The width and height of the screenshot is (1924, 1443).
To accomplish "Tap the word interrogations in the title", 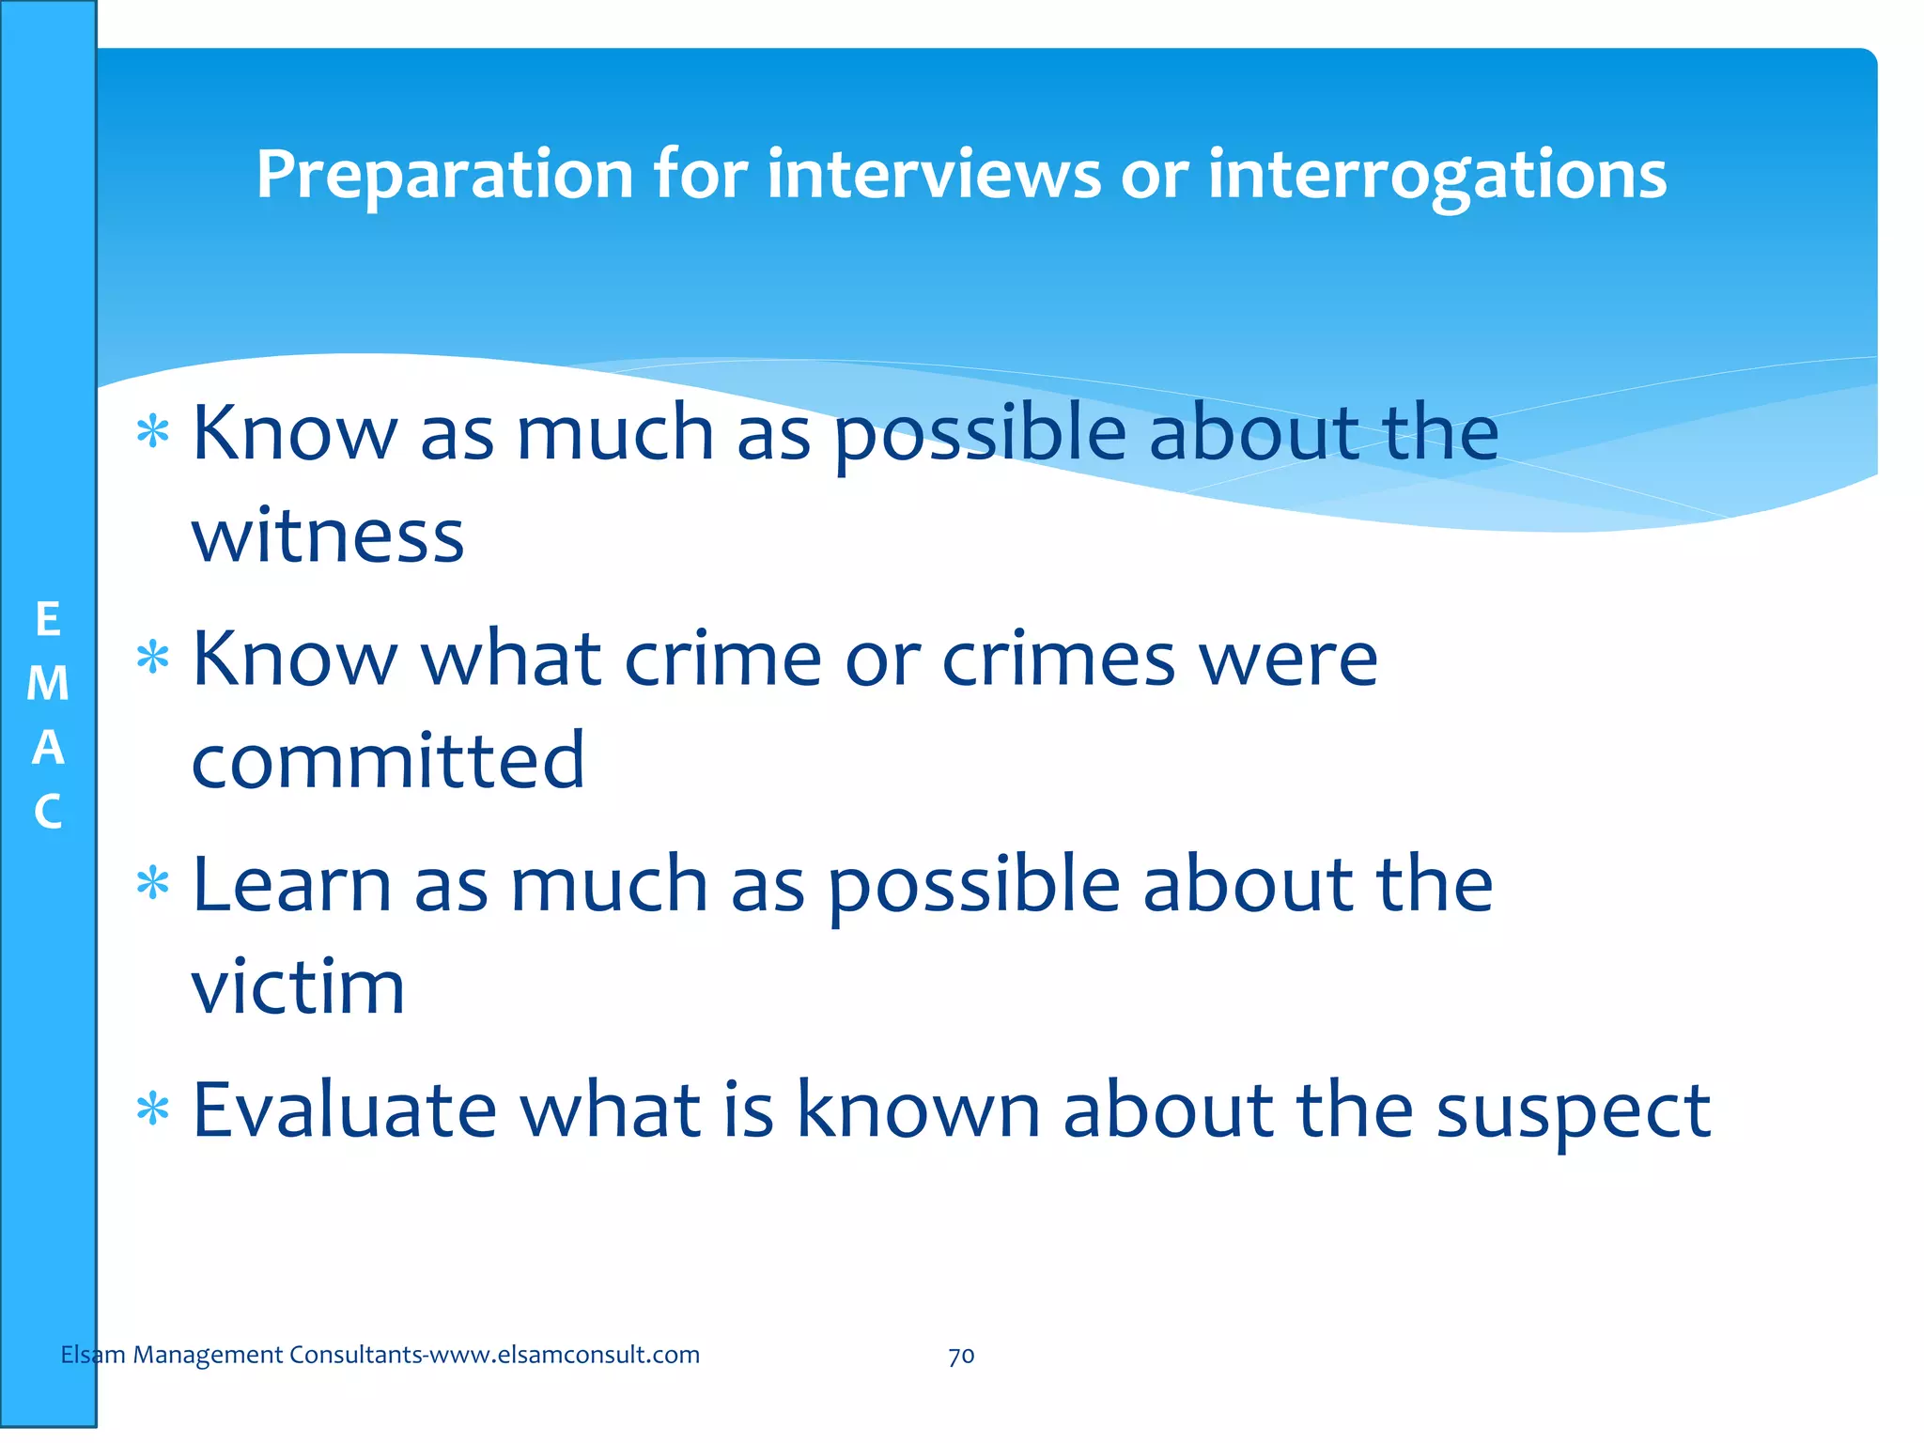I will [x=1436, y=176].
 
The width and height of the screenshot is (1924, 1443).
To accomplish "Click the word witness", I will [x=328, y=536].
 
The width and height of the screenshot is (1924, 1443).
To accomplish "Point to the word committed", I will [x=388, y=760].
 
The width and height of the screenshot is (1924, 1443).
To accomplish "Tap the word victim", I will [x=298, y=986].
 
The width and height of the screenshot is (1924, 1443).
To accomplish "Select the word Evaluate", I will [x=344, y=1109].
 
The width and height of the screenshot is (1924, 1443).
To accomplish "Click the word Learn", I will [x=291, y=885].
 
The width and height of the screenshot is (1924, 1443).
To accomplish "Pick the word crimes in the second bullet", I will [x=1059, y=659].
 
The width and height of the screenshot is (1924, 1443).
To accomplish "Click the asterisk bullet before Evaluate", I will [x=152, y=1111].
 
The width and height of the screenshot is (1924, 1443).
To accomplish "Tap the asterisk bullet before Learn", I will [x=152, y=885].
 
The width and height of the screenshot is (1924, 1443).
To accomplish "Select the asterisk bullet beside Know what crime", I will [x=152, y=658].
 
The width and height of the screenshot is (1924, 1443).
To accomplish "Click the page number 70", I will [x=961, y=1356].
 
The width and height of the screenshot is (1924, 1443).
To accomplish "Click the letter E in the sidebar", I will [x=48, y=620].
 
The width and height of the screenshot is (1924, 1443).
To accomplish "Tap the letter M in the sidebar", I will [x=48, y=684].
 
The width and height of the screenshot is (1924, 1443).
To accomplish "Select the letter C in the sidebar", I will [x=48, y=812].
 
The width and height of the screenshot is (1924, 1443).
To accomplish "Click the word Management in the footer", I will [x=208, y=1355].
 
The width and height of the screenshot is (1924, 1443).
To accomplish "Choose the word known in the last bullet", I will [x=918, y=1109].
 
